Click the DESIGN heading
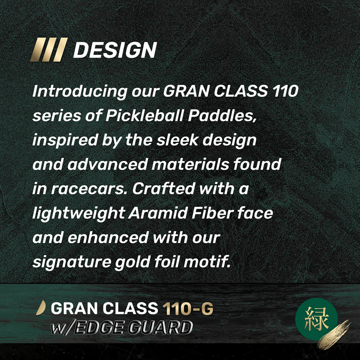click(x=115, y=50)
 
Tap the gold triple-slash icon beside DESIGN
click(x=49, y=49)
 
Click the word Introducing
click(x=80, y=91)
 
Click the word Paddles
click(x=222, y=116)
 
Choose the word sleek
click(x=177, y=140)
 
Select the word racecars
click(x=89, y=189)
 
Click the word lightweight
click(x=78, y=214)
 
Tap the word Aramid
click(x=158, y=213)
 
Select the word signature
click(x=72, y=263)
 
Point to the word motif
click(x=207, y=262)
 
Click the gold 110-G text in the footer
click(x=188, y=308)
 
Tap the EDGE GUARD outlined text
click(x=134, y=327)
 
